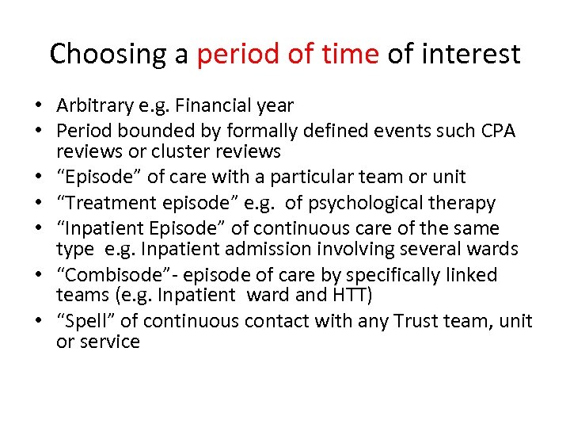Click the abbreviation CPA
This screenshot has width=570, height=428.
[x=496, y=130]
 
